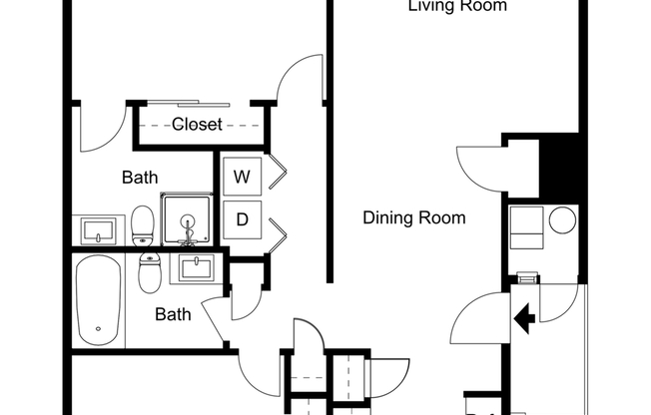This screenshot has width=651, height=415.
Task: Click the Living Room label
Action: (457, 7)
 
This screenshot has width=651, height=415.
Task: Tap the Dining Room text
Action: (413, 217)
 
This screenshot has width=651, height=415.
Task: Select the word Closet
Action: (197, 125)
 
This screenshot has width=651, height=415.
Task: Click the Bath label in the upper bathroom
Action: (140, 178)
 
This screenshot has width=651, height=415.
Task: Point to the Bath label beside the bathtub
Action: (173, 314)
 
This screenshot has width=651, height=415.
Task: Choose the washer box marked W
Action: (242, 178)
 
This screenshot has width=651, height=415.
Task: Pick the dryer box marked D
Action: (242, 219)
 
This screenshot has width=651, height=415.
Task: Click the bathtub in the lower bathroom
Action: (98, 301)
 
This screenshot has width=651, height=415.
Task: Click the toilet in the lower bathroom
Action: (150, 272)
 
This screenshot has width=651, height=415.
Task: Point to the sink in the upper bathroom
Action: (100, 231)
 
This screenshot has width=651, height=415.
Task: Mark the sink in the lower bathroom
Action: (195, 267)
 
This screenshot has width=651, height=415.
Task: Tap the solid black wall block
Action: (559, 168)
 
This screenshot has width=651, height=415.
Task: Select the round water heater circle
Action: (562, 219)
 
